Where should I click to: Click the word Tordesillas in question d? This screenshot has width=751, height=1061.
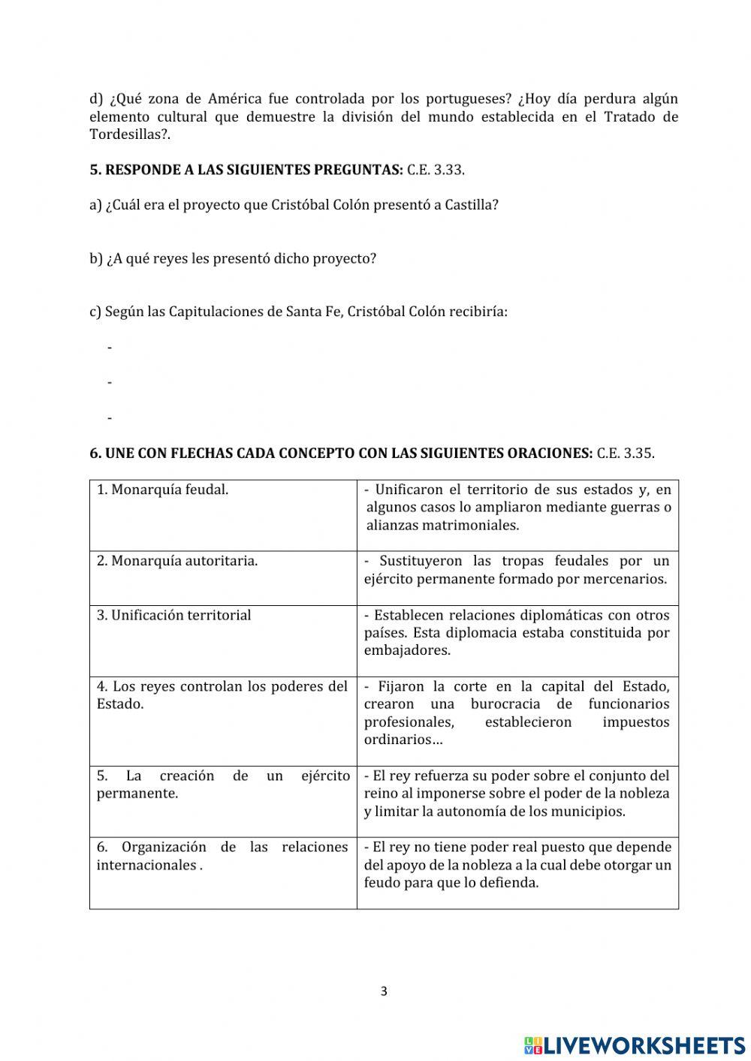(x=124, y=135)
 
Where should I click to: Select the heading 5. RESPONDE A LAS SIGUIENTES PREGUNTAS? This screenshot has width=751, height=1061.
(x=246, y=170)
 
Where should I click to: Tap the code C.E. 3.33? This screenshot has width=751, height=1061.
(x=436, y=170)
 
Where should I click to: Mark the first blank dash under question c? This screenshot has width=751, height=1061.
(x=110, y=348)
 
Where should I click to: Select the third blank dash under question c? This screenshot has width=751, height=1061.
(x=110, y=417)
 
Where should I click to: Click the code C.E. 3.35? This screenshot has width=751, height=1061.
(x=626, y=454)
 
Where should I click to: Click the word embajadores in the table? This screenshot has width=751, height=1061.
(x=407, y=651)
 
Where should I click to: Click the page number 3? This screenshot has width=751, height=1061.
(x=384, y=991)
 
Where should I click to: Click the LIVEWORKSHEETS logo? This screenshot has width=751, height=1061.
(x=635, y=1044)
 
